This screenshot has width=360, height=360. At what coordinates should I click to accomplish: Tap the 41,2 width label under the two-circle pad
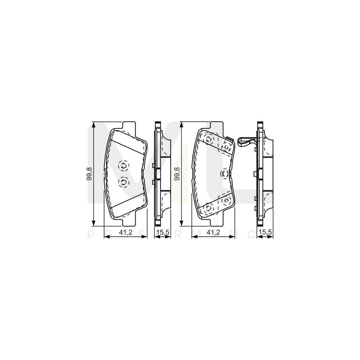tap(126, 231)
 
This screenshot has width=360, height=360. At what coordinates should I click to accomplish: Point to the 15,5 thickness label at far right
tap(264, 231)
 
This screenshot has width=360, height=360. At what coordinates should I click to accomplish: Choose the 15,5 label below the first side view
tap(161, 231)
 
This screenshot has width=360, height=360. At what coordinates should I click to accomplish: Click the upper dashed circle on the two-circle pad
tap(123, 165)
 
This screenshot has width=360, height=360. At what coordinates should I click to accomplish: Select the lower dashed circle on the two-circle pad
tap(123, 182)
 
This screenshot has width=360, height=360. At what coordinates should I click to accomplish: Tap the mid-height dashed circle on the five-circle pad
tap(225, 173)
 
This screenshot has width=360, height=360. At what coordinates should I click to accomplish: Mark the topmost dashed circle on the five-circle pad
tap(208, 140)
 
